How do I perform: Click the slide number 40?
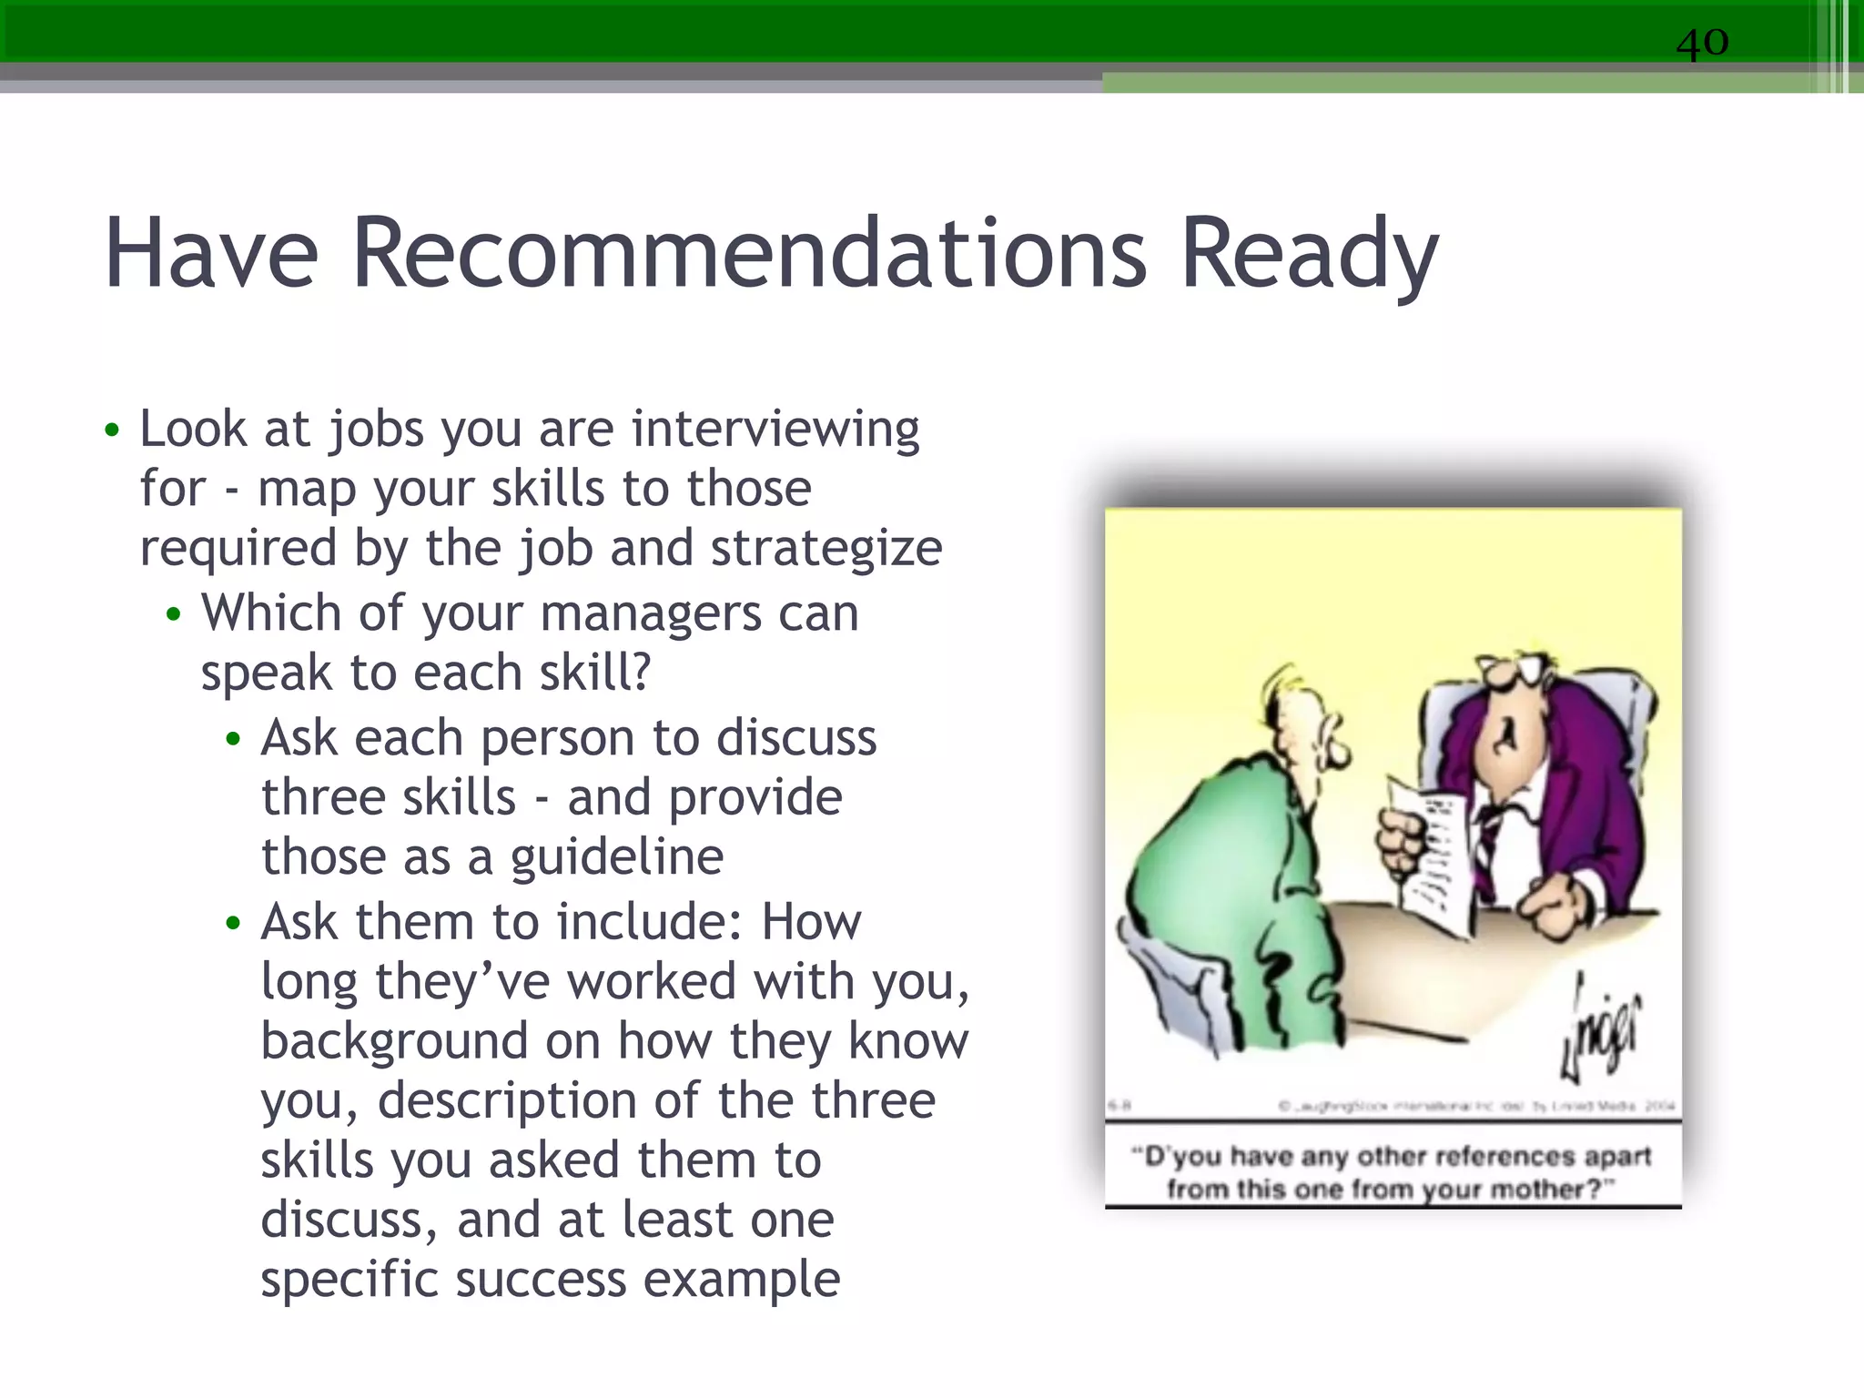tap(1702, 42)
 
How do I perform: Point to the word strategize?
tap(826, 549)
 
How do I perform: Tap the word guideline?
tap(616, 857)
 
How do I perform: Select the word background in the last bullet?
tap(394, 1041)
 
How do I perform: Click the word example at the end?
tap(742, 1280)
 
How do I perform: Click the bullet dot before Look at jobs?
tap(112, 430)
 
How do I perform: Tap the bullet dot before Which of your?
tap(174, 614)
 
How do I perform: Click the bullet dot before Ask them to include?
tap(233, 923)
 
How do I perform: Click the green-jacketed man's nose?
tap(1336, 751)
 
